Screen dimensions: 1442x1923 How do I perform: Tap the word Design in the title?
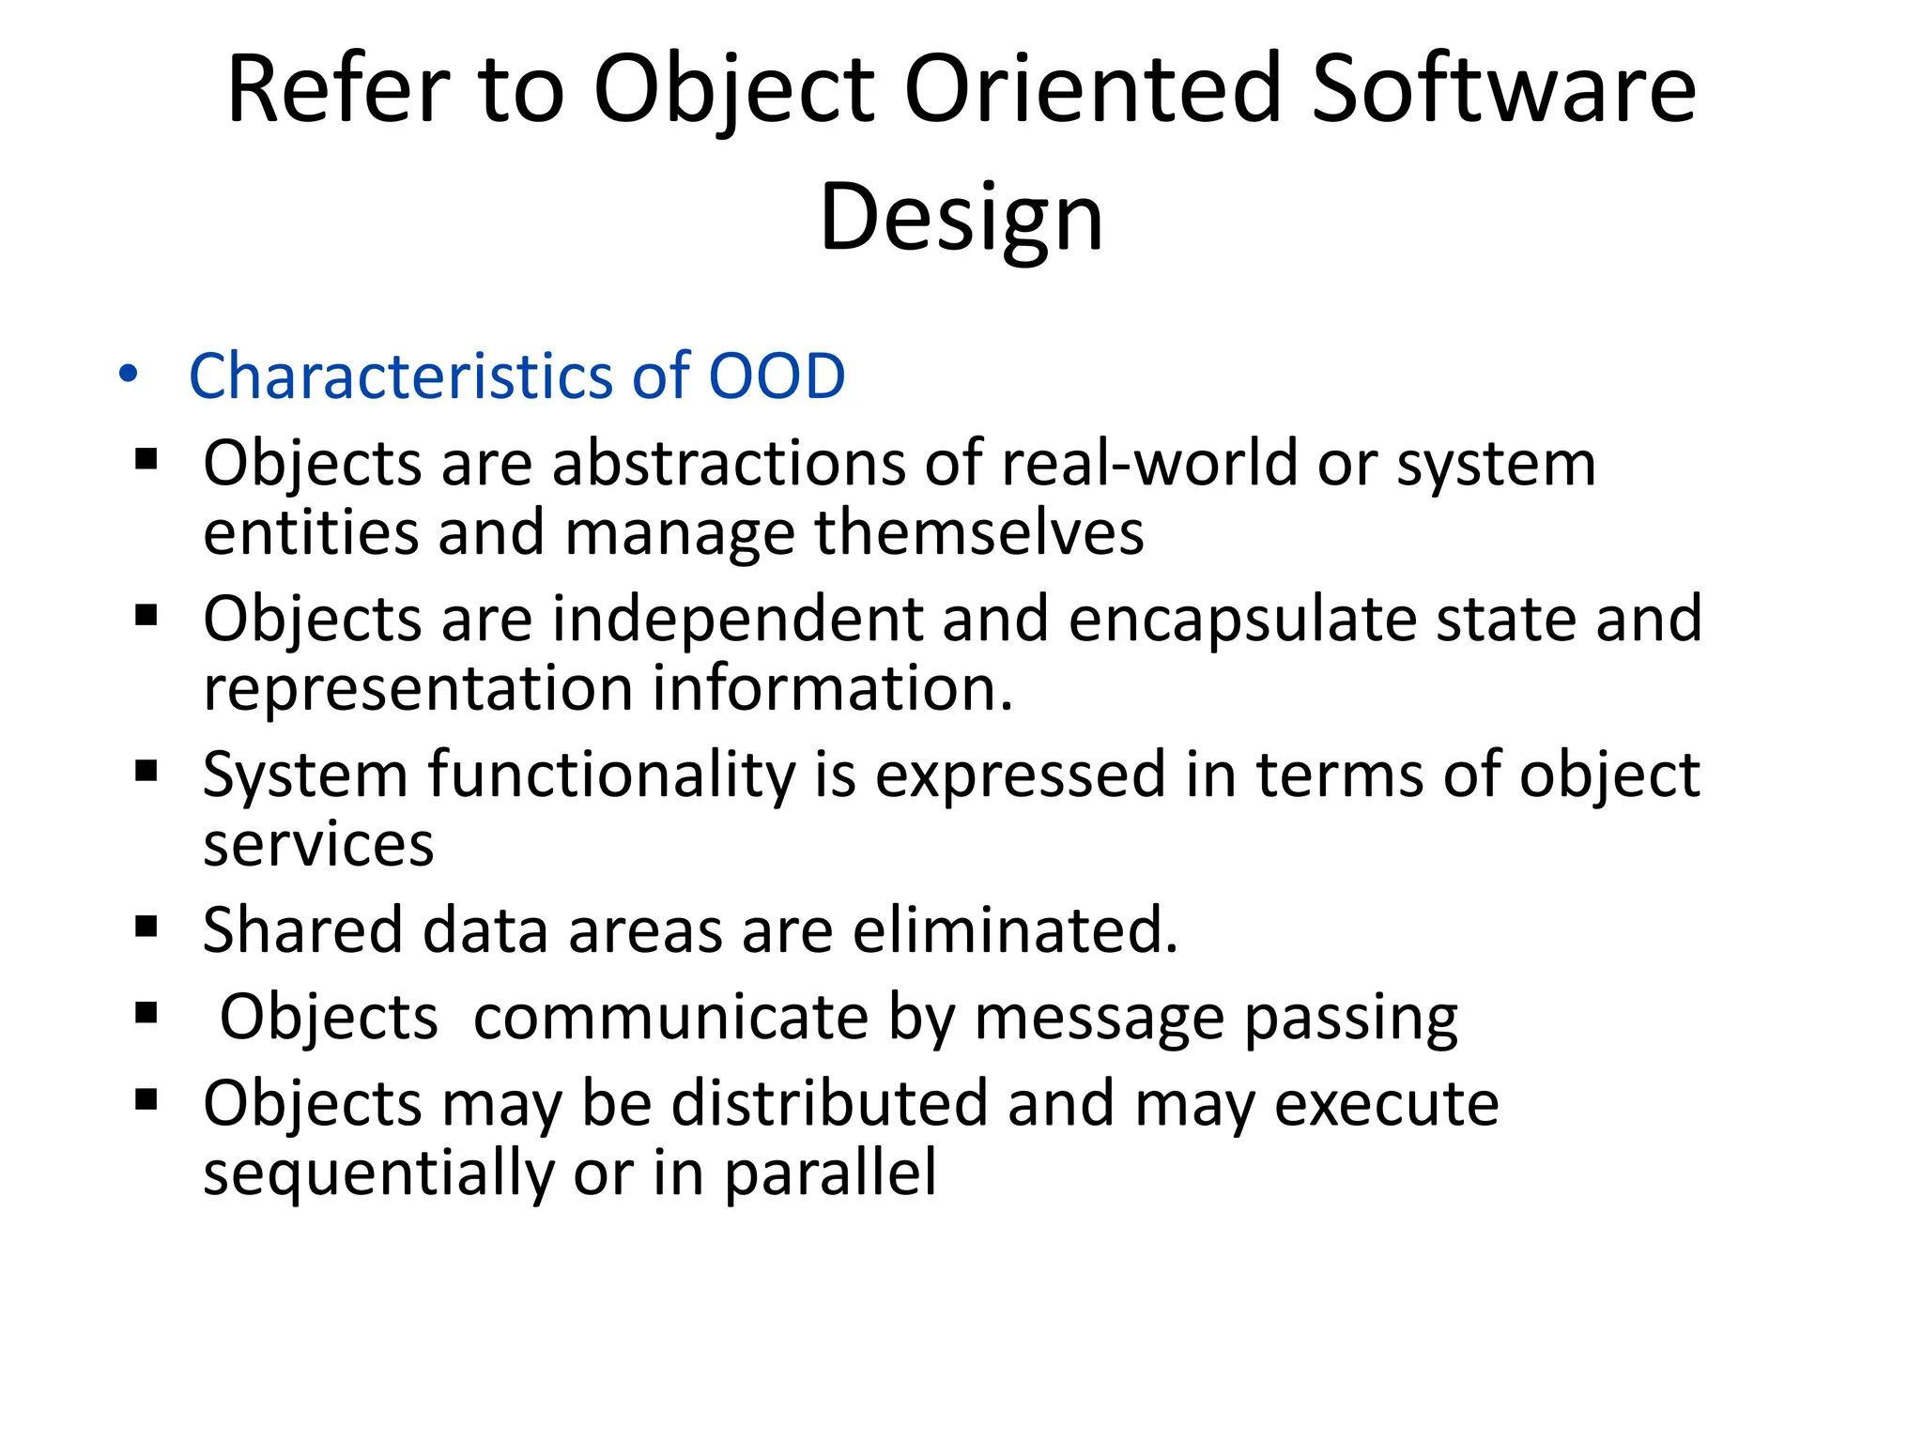point(961,218)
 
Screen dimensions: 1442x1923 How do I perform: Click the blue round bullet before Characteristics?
point(129,375)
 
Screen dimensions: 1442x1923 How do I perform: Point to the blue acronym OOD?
point(777,376)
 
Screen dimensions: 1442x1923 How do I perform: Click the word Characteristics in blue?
point(400,376)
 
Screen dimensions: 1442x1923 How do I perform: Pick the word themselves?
point(978,532)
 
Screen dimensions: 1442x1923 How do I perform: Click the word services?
point(318,844)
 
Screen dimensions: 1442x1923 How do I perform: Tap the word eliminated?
point(1015,930)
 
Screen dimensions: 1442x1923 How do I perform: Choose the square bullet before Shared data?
point(146,928)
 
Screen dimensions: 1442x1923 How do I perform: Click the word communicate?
point(670,1018)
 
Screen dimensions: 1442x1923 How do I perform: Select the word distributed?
point(829,1103)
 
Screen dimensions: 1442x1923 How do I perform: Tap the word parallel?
point(830,1173)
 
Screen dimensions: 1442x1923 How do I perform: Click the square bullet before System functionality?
point(146,772)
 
